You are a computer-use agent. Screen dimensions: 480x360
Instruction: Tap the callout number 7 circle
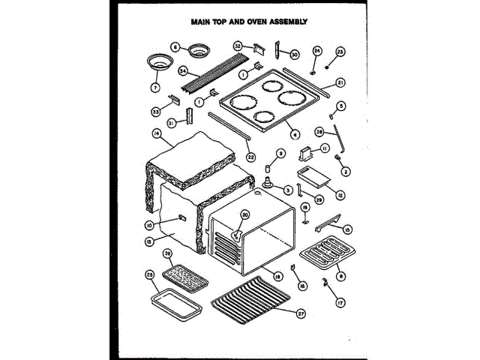click(x=156, y=88)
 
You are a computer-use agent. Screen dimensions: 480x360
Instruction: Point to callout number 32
click(x=238, y=46)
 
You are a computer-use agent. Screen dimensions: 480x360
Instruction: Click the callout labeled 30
click(x=294, y=55)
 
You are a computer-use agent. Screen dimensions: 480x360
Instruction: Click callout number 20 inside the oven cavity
click(x=244, y=215)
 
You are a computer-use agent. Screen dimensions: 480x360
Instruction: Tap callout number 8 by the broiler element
click(x=341, y=276)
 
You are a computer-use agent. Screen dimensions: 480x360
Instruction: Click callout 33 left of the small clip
click(x=156, y=111)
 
